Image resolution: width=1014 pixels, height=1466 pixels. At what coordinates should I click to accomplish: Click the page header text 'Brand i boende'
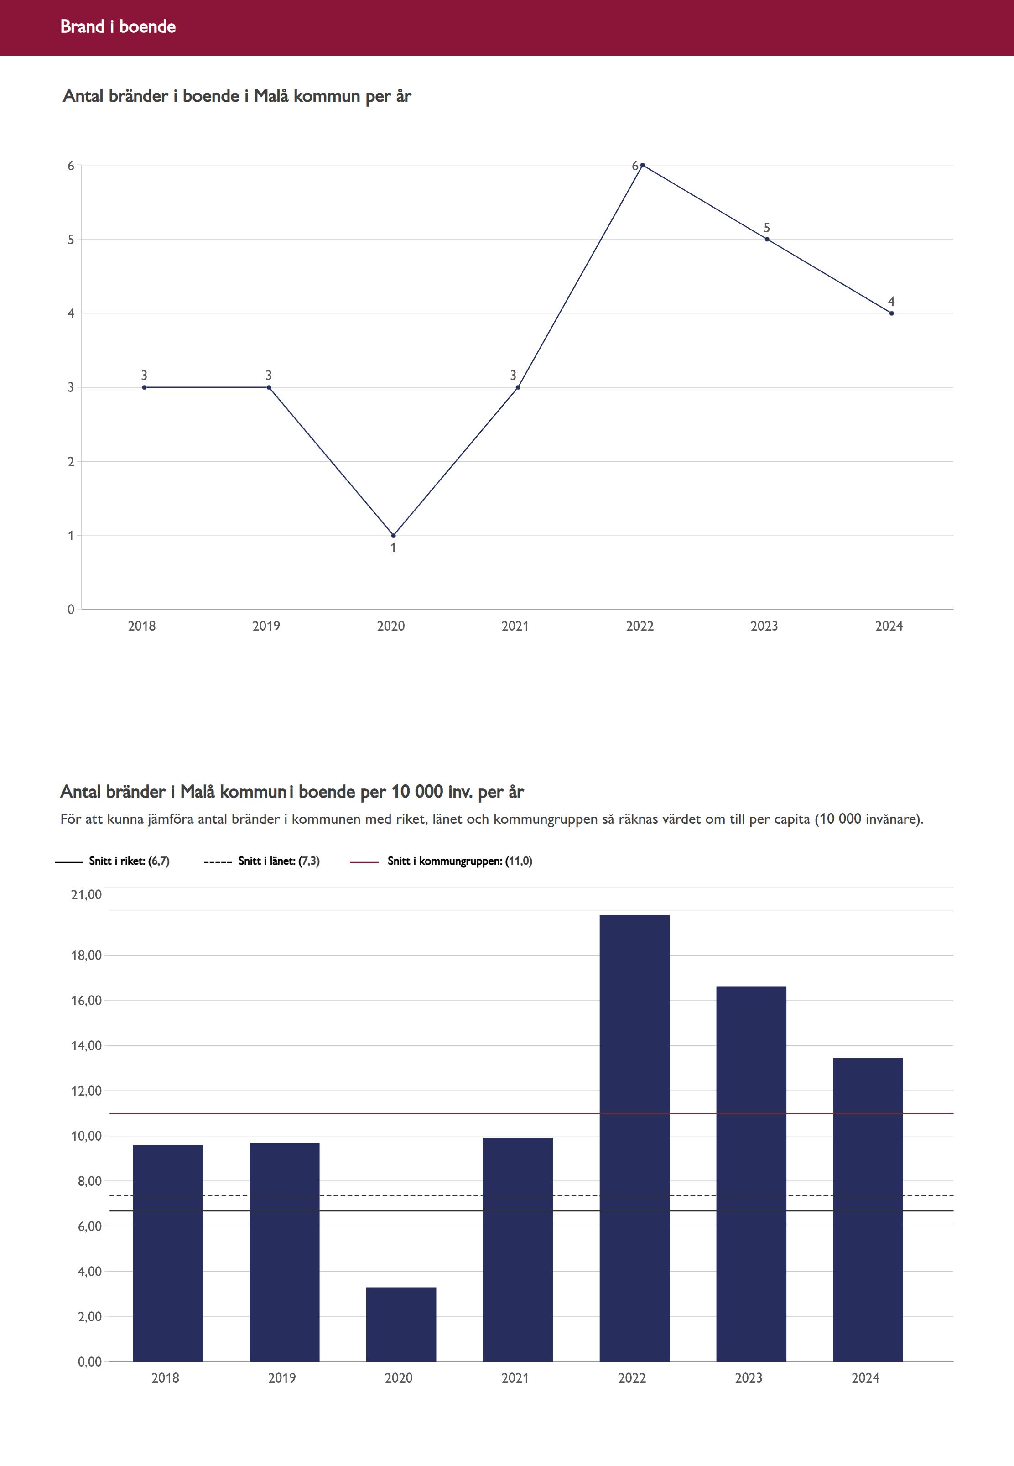click(x=118, y=26)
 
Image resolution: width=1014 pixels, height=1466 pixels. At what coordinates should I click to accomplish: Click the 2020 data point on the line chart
click(x=393, y=536)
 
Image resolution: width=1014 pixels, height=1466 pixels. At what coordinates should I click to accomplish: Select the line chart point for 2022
click(x=642, y=165)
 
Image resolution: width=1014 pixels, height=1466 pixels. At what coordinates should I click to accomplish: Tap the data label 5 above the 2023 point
click(x=767, y=228)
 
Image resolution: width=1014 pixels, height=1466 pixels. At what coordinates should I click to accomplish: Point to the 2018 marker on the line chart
click(x=144, y=387)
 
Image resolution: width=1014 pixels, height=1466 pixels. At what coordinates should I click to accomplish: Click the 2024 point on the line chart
click(x=891, y=313)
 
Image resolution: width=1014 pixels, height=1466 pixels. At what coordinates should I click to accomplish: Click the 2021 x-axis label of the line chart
click(x=515, y=626)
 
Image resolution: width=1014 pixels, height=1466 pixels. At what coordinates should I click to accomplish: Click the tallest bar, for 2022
click(x=634, y=1137)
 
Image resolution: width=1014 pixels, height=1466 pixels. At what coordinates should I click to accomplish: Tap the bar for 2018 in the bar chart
click(x=168, y=1252)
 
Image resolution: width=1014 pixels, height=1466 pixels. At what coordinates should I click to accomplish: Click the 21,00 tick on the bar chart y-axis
click(x=86, y=895)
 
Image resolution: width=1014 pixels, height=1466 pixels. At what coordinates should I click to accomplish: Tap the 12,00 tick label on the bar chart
click(x=86, y=1091)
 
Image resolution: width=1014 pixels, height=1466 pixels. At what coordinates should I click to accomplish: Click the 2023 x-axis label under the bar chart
click(x=749, y=1377)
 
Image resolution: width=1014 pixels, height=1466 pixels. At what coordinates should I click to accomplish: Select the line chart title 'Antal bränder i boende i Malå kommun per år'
click(x=237, y=96)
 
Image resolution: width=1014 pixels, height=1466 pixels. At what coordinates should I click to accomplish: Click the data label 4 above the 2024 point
click(x=891, y=301)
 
